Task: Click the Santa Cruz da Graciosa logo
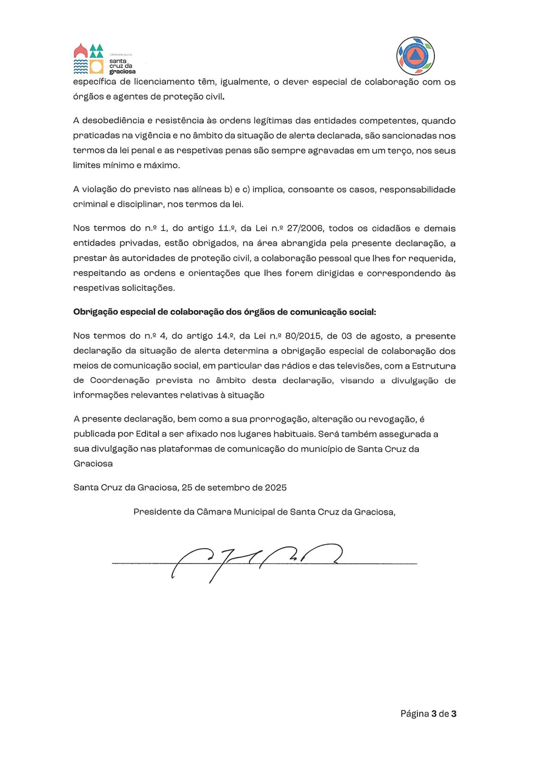104,59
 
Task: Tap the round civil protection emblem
415,56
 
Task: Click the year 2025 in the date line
275,487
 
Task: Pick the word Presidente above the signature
157,511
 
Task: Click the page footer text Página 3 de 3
428,713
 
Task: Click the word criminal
90,204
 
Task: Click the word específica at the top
94,82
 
